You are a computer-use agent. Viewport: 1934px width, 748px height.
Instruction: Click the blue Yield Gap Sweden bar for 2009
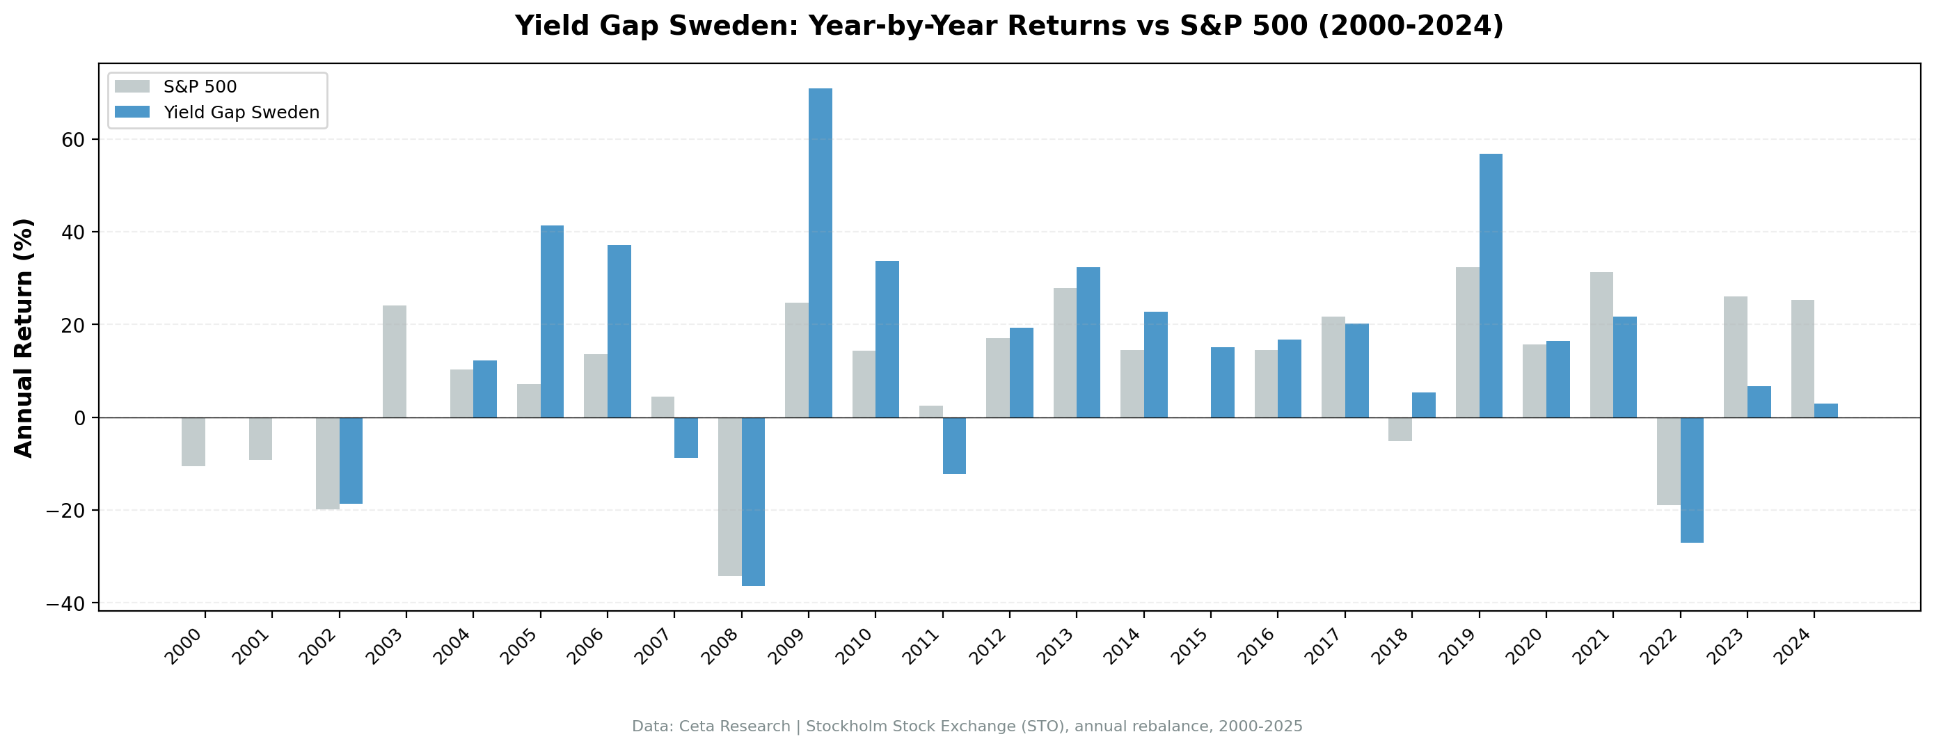[x=820, y=253]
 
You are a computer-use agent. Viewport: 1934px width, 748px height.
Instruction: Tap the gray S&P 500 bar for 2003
[x=394, y=361]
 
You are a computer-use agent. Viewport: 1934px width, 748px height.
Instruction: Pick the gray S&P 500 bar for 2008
[x=730, y=496]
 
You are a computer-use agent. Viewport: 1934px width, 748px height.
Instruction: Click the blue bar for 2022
[x=1692, y=480]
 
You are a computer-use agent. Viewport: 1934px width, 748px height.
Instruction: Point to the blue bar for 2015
[x=1222, y=382]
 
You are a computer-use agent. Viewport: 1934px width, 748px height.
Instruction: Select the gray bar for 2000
[x=193, y=442]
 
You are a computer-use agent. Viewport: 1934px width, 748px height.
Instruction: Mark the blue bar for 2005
[x=552, y=321]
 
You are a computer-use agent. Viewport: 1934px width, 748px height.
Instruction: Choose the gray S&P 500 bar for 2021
[x=1601, y=344]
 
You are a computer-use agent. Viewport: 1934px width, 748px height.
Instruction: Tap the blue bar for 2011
[x=954, y=445]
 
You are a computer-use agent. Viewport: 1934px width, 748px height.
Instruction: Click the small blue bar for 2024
[x=1826, y=411]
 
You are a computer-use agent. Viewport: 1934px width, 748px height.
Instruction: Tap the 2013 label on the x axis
[x=1056, y=647]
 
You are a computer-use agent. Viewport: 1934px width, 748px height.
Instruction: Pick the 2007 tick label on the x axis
[x=653, y=647]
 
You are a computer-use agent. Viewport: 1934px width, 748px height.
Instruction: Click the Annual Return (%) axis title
[x=24, y=338]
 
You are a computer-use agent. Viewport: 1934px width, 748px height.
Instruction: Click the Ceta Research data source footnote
[x=967, y=726]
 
